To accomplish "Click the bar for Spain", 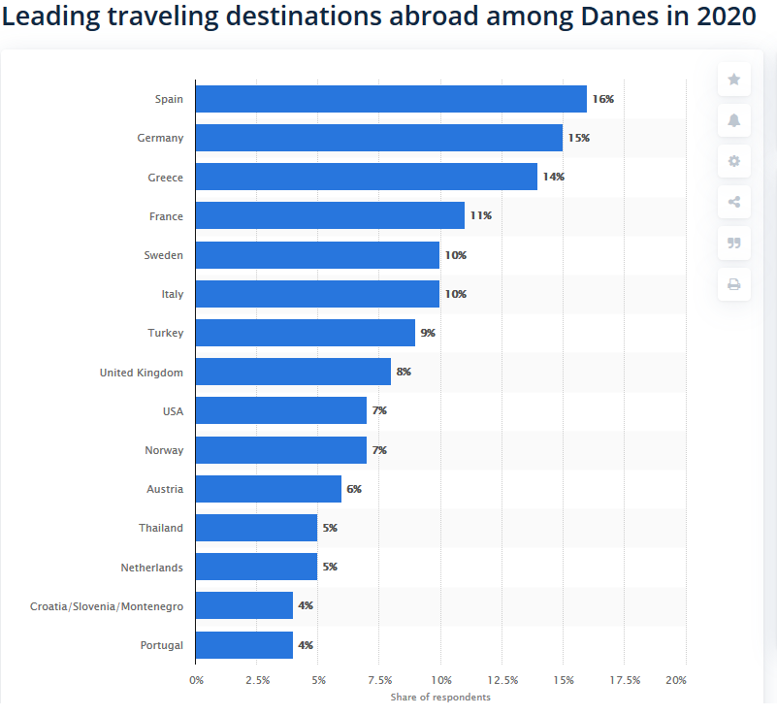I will [x=391, y=99].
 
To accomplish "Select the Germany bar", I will [x=378, y=138].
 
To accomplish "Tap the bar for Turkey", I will [x=306, y=333].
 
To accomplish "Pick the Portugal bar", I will [x=244, y=645].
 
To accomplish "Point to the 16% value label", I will [x=602, y=99].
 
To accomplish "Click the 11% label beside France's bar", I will [x=480, y=215].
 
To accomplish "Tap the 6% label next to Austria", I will [x=354, y=489].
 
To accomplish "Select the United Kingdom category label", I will [x=141, y=373].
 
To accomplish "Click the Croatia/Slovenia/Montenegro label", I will [x=107, y=606].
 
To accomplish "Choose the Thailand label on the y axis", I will [x=160, y=529].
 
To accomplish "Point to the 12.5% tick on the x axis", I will [x=502, y=680].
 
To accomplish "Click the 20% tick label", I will [x=676, y=680].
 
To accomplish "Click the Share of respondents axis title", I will [x=440, y=698].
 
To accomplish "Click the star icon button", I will [x=733, y=80].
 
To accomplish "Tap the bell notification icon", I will [x=733, y=120].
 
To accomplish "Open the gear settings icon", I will [x=733, y=161].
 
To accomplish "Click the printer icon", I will [x=733, y=284].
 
